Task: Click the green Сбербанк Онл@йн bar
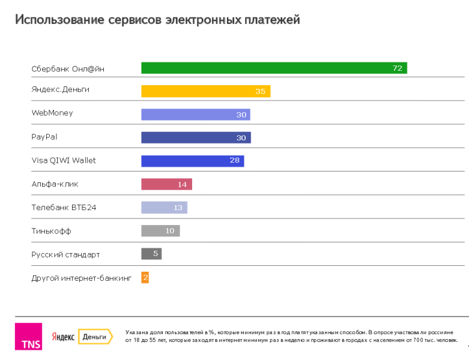point(274,68)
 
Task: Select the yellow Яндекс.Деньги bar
point(205,91)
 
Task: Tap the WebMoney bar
point(195,115)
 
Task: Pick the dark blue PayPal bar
point(196,137)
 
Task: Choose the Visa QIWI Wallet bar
point(192,161)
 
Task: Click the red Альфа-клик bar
point(166,184)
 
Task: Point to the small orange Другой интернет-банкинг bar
point(145,278)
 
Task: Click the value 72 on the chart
point(397,68)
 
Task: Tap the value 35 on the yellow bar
point(260,92)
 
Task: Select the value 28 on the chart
point(234,161)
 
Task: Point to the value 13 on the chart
point(178,208)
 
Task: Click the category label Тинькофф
point(51,231)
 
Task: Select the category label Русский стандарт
point(65,254)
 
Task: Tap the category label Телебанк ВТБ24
point(64,208)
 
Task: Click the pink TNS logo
point(28,337)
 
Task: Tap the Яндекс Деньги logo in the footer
point(82,337)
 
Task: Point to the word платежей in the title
point(271,20)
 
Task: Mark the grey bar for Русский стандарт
point(151,254)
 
